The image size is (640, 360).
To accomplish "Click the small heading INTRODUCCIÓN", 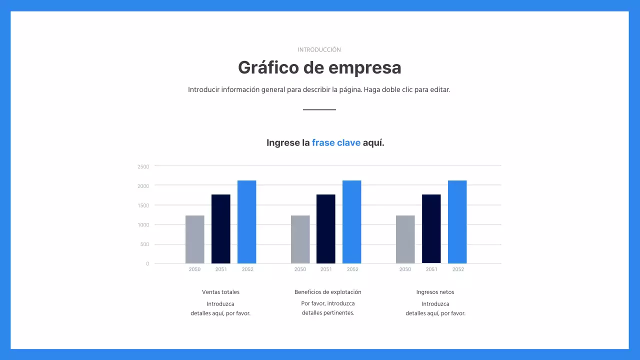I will click(x=319, y=50).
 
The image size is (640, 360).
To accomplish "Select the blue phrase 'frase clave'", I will click(x=336, y=143).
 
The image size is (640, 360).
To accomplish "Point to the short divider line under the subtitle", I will click(x=319, y=109).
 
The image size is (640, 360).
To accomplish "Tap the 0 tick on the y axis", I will click(x=147, y=263).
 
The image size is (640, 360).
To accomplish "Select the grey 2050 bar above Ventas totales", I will click(x=195, y=239).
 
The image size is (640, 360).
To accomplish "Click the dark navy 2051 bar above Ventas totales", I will click(x=221, y=228).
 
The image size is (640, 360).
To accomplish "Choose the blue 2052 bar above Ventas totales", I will click(x=247, y=221).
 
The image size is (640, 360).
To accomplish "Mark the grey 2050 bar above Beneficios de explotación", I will click(x=300, y=239).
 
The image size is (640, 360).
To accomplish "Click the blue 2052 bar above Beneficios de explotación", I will click(x=352, y=221).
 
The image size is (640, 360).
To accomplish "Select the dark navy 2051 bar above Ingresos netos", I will click(x=431, y=228).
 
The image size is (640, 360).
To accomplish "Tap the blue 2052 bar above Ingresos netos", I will click(x=457, y=221).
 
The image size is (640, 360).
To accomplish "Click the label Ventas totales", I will click(x=220, y=292).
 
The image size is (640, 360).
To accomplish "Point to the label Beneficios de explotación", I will click(x=327, y=292).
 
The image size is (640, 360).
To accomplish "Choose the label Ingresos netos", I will click(x=435, y=292).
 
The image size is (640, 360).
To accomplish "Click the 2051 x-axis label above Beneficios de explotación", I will click(x=326, y=269).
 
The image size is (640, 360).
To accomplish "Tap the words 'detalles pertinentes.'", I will click(x=327, y=313).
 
